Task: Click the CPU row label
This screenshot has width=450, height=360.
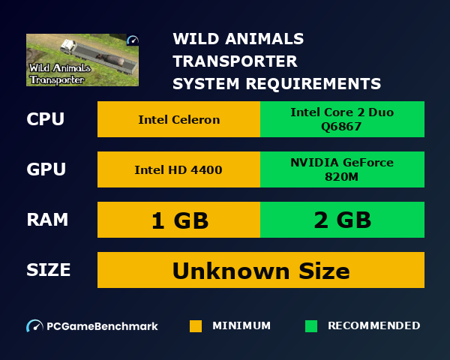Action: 45,120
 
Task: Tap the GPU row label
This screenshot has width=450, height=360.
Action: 46,169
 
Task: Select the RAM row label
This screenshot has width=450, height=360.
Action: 47,220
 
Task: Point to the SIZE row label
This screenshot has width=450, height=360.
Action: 49,270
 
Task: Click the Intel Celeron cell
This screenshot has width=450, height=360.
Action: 178,120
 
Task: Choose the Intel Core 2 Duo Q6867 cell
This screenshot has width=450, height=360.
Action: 342,120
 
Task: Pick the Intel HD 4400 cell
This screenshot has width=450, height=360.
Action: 178,169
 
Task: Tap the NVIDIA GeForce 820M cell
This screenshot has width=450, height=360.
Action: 342,169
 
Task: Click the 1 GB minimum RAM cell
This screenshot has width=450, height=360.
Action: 178,220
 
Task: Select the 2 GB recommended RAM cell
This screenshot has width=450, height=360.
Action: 342,220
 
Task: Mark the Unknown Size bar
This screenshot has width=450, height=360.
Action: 261,270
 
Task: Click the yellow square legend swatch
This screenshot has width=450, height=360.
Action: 196,326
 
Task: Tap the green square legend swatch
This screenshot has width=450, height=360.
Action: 311,326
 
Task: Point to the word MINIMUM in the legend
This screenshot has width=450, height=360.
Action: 241,326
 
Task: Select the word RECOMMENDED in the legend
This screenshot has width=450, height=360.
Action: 373,326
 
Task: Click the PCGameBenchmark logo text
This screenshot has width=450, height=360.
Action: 102,326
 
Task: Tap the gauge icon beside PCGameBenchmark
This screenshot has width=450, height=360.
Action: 34,326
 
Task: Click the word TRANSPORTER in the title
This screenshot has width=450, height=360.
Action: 235,61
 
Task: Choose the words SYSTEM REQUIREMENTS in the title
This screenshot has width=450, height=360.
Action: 277,82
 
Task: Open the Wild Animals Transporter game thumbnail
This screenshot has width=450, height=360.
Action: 82,60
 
